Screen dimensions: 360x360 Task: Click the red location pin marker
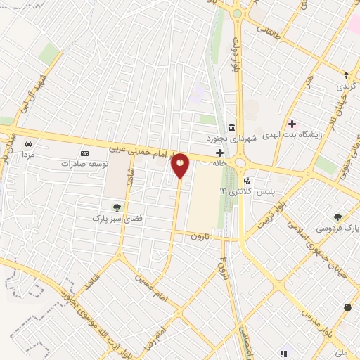tap(181, 165)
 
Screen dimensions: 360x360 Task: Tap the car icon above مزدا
tap(27, 143)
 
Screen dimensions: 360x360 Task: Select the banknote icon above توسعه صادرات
tap(85, 153)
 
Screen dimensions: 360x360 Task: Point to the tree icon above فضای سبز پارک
tap(117, 207)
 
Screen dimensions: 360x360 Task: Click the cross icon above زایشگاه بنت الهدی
tap(292, 124)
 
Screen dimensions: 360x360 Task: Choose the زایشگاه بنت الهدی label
tap(291, 135)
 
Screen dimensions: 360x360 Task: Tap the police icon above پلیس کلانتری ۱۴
tap(246, 181)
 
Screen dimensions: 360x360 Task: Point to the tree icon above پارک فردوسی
tap(338, 217)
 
